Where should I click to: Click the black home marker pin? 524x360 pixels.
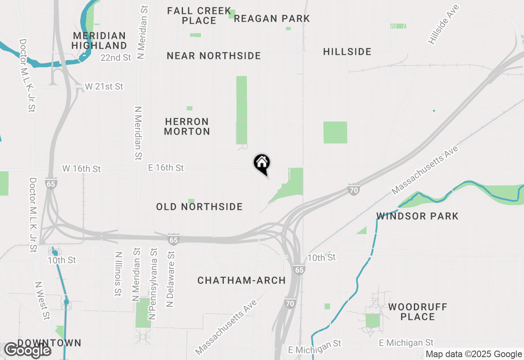(262, 164)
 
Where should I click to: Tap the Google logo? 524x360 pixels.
(28, 350)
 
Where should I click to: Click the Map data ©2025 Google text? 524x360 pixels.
(474, 354)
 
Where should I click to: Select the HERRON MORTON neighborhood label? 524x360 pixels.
(187, 126)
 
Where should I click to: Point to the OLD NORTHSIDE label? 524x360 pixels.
(199, 207)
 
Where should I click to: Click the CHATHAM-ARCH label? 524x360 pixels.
(242, 281)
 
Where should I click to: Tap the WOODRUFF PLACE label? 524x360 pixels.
(418, 312)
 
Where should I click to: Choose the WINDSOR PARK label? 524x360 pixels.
(418, 216)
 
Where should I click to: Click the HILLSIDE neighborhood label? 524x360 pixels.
(347, 52)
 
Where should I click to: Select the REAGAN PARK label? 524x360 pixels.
(272, 19)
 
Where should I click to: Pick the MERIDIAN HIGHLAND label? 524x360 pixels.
(99, 40)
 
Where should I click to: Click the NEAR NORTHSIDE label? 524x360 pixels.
(214, 56)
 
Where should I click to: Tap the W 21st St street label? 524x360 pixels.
(104, 87)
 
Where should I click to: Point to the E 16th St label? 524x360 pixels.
(166, 168)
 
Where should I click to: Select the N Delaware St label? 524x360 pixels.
(171, 279)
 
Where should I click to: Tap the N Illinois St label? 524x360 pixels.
(118, 273)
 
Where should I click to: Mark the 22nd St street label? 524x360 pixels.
(116, 58)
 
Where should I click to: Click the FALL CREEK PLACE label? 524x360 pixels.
(199, 16)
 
